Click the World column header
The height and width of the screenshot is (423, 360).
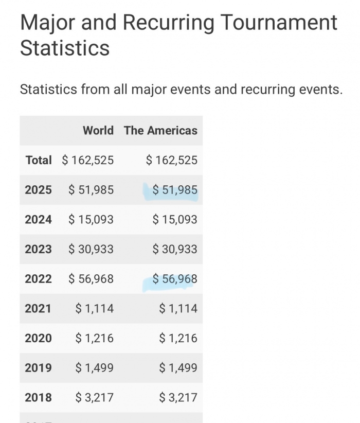pos(98,131)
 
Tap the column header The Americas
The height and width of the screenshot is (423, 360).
pos(160,131)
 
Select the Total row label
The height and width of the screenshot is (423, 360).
pos(39,160)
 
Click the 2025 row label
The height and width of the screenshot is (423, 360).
pos(38,190)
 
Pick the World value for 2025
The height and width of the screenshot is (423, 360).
pos(91,190)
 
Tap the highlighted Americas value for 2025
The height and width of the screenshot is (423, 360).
pos(175,190)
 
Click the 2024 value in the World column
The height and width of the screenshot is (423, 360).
pos(91,220)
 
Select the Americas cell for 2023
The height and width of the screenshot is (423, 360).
pos(175,249)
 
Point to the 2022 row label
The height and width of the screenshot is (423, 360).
pos(38,279)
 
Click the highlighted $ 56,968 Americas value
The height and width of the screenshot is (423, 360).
pos(175,279)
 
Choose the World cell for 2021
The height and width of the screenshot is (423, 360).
pos(95,309)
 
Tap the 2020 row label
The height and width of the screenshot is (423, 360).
pos(38,338)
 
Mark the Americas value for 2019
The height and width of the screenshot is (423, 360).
pos(178,368)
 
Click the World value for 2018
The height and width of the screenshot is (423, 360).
pos(95,397)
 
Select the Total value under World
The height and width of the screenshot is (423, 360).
pos(88,160)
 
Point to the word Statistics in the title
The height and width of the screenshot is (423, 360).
pos(65,48)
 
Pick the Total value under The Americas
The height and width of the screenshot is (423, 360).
pos(172,160)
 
